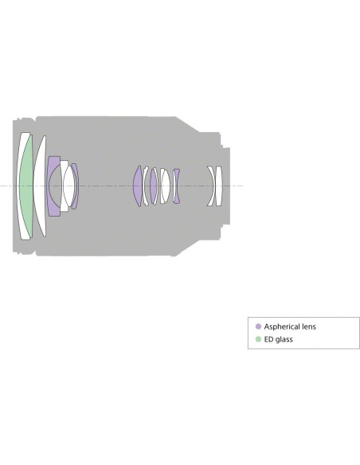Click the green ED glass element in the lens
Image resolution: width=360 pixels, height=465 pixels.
pos(27,186)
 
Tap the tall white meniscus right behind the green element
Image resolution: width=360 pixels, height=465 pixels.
pos(40,186)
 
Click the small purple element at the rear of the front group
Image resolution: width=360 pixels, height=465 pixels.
pos(76,186)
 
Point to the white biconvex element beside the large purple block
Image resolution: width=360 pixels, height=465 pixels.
pos(69,186)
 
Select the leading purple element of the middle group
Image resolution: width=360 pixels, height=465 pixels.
pos(138,186)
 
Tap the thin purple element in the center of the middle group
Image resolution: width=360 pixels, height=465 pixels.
pos(153,186)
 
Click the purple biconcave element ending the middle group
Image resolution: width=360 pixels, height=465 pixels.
pos(177,186)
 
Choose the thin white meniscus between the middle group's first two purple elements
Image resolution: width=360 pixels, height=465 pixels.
pos(145,186)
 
